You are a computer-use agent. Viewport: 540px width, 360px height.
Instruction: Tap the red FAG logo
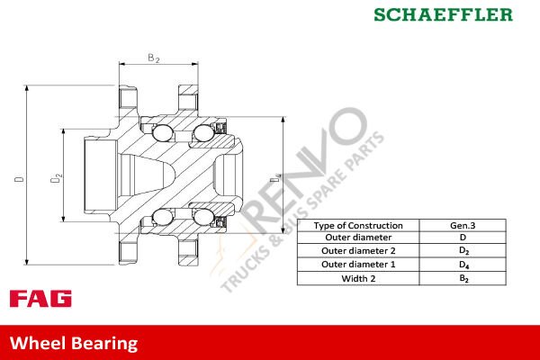pos(40,298)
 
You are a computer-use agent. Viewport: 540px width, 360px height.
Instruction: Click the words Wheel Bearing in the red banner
pos(74,343)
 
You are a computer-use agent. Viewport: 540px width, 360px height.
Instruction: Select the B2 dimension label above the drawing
pos(153,58)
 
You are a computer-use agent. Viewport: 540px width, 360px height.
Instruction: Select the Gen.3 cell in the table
pos(464,225)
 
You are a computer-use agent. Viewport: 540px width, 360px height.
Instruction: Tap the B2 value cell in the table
pos(464,279)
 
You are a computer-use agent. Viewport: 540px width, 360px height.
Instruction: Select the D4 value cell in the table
pos(464,265)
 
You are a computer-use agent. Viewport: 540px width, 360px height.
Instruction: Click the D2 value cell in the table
pos(464,249)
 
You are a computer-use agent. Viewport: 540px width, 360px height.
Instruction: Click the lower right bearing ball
pos(202,217)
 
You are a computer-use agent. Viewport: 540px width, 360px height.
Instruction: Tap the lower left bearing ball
pos(162,217)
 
